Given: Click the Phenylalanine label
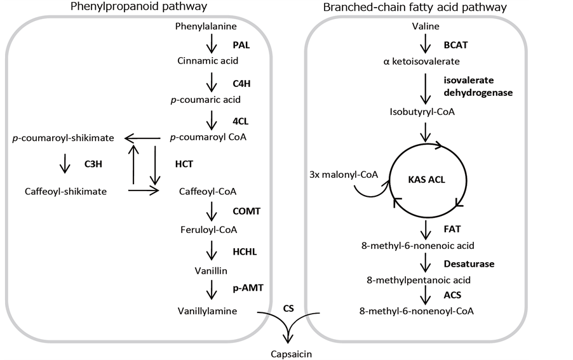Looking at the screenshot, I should (x=206, y=26).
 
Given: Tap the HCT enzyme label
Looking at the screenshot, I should (x=184, y=164).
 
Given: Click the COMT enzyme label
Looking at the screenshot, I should (x=247, y=210).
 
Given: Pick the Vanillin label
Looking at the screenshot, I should (x=207, y=270).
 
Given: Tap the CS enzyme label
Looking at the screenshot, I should (x=288, y=308).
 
